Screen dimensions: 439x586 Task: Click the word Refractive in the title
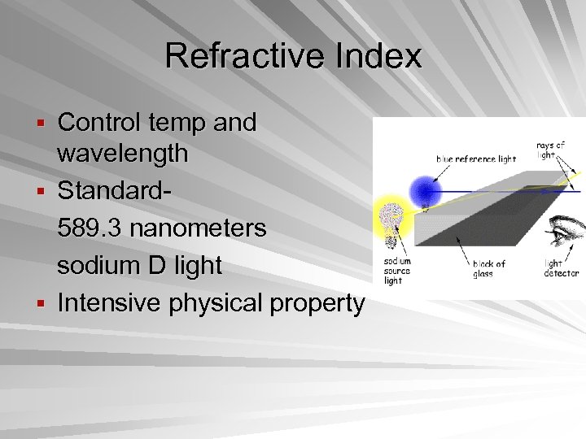coord(232,56)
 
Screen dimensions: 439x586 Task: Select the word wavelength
coord(122,153)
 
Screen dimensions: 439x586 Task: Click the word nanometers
coord(198,228)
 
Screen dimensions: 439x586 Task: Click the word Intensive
coord(110,302)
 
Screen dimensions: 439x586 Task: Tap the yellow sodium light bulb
coord(391,220)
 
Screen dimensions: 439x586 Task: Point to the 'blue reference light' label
coord(476,159)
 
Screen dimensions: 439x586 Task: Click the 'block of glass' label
coord(489,269)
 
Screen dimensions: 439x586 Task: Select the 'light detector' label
coord(561,269)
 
